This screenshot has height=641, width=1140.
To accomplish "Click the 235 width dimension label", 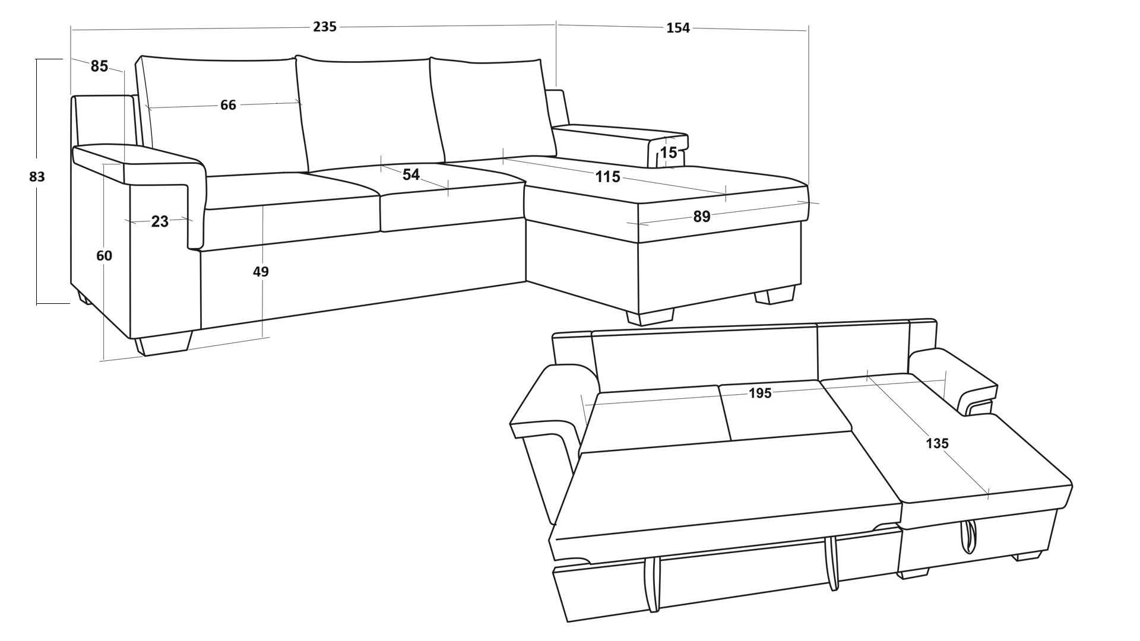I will click(x=325, y=27).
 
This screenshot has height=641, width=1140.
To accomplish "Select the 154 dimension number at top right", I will click(x=678, y=28).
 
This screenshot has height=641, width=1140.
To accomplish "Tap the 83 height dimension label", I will click(x=37, y=176).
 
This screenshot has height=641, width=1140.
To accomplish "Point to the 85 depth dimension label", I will click(x=99, y=66).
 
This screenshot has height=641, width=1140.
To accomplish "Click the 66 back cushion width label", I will click(x=228, y=105).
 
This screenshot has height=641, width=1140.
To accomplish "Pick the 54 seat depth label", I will click(x=411, y=174).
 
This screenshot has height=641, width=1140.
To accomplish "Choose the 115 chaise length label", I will click(x=607, y=176).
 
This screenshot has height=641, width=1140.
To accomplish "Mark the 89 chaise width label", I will click(x=701, y=217).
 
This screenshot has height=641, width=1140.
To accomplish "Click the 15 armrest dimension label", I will click(x=669, y=153).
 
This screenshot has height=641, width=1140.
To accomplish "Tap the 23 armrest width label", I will click(x=160, y=221).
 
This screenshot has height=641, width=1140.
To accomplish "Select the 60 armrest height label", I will click(x=104, y=256).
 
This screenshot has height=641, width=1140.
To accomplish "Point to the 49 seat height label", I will click(x=261, y=271).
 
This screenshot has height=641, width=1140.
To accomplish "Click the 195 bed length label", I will click(x=759, y=393).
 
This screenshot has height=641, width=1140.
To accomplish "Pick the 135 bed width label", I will click(x=936, y=443).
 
